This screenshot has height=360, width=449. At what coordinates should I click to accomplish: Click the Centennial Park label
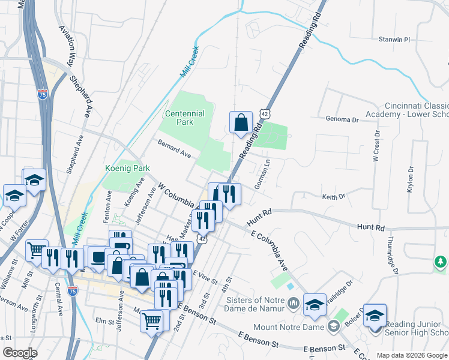click(x=185, y=117)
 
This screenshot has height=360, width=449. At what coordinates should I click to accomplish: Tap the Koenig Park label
click(x=127, y=169)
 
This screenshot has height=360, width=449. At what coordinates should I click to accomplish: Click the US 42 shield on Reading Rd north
click(x=265, y=113)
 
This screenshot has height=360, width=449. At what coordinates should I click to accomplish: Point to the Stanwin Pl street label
click(x=394, y=40)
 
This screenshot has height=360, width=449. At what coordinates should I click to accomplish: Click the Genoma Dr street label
click(x=342, y=119)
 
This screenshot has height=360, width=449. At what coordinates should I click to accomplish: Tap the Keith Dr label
click(x=334, y=196)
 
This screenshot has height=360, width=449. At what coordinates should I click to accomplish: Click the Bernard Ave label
click(x=174, y=148)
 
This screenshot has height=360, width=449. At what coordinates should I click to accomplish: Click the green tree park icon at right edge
click(x=441, y=262)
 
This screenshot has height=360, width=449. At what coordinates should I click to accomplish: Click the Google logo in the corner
click(x=20, y=353)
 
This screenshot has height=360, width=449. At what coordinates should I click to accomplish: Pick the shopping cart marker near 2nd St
click(x=152, y=320)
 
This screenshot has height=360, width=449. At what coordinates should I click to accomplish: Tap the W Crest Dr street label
click(x=376, y=147)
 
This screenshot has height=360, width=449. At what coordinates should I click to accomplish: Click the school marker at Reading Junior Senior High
click(x=375, y=316)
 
